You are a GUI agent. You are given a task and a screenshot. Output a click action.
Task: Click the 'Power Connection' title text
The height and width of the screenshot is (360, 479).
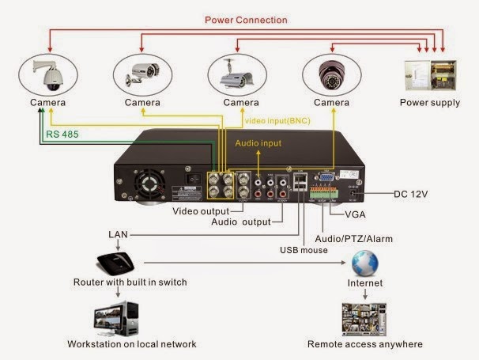pyautogui.click(x=247, y=19)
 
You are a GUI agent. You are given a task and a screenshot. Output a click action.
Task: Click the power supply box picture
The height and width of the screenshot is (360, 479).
pyautogui.click(x=429, y=77)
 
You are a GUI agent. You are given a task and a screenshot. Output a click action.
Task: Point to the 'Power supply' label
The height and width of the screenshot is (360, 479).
pyautogui.click(x=429, y=103)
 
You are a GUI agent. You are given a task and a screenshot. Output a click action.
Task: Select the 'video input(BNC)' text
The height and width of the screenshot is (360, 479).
pyautogui.click(x=277, y=119)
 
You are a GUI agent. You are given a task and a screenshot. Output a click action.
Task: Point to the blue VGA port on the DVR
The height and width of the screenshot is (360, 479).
pyautogui.click(x=325, y=179)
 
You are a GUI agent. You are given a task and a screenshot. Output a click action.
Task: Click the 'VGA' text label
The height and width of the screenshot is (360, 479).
pyautogui.click(x=357, y=214)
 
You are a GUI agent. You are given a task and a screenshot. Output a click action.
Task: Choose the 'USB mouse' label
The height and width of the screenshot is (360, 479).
pyautogui.click(x=305, y=251)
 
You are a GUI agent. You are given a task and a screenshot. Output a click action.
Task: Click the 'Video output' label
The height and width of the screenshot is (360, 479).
pyautogui.click(x=201, y=211)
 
